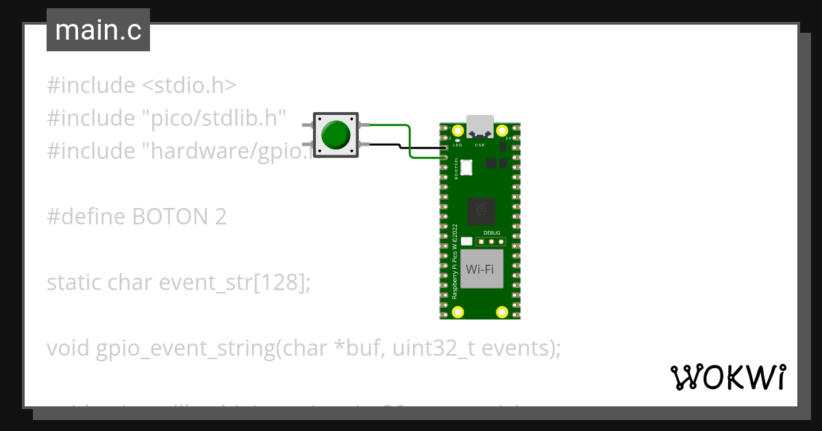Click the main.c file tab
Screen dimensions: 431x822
point(98,31)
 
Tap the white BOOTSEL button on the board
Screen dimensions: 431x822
point(466,166)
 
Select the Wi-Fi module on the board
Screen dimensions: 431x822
point(480,269)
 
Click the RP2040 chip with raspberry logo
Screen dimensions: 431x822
point(481,211)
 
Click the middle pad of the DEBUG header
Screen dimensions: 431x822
point(491,241)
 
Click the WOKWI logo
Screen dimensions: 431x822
point(727,377)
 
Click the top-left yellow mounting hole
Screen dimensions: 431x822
point(458,130)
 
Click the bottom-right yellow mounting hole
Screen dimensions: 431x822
point(502,312)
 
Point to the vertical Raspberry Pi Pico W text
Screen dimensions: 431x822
point(454,260)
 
